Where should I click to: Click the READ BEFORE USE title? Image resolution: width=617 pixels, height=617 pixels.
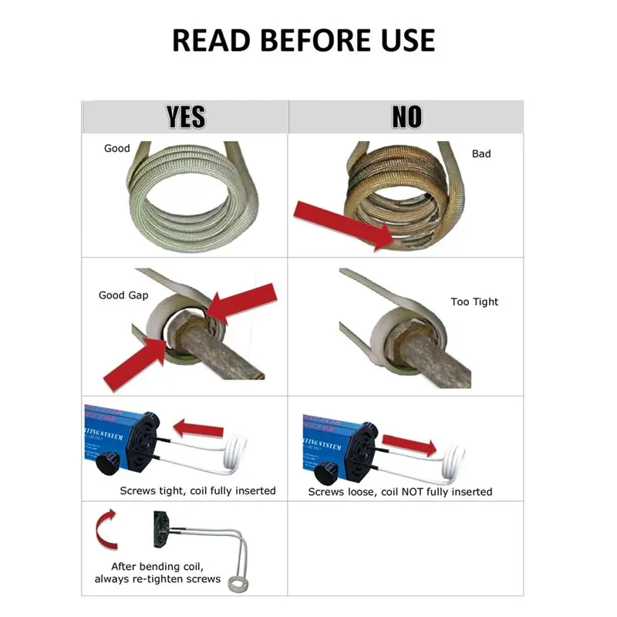pos(303,40)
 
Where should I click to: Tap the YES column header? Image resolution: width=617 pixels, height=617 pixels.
pos(186,116)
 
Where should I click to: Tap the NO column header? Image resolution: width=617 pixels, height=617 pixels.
pos(406,116)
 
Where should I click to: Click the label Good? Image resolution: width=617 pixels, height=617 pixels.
pos(117,148)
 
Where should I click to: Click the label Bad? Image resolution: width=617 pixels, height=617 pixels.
pos(481,153)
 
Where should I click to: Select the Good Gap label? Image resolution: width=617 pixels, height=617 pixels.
pos(123,295)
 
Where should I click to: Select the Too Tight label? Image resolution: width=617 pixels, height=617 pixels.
pos(474,302)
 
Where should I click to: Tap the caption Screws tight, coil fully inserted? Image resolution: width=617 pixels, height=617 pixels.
pos(197,491)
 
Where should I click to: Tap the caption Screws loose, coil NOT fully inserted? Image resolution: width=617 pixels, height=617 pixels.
pos(400,491)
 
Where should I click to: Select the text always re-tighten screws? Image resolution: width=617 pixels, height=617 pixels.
pos(157,579)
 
